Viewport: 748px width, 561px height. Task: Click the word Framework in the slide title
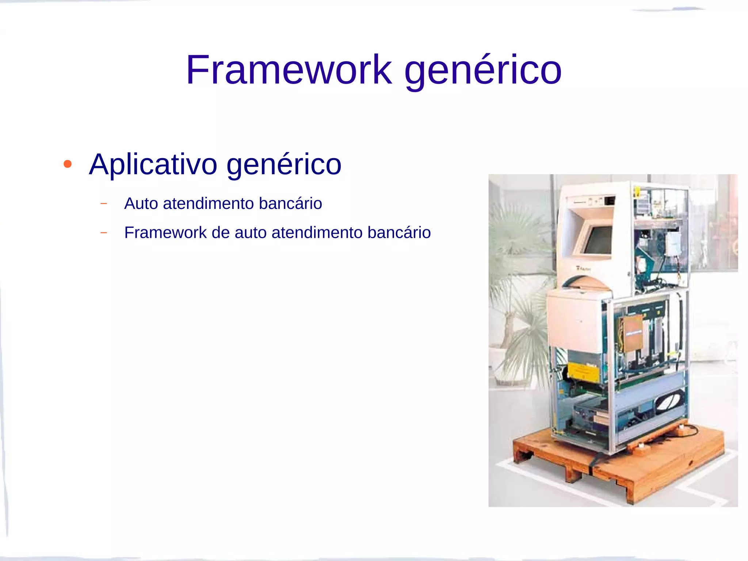[x=289, y=69]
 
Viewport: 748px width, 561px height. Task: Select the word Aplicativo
[x=153, y=164]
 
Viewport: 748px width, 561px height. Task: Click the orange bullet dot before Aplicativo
[x=68, y=164]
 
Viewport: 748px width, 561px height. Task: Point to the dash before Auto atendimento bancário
[x=104, y=203]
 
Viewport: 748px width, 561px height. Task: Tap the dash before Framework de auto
[x=104, y=233]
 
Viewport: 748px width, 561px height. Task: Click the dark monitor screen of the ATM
[x=598, y=240]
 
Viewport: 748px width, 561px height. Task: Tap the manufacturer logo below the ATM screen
[x=583, y=268]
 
